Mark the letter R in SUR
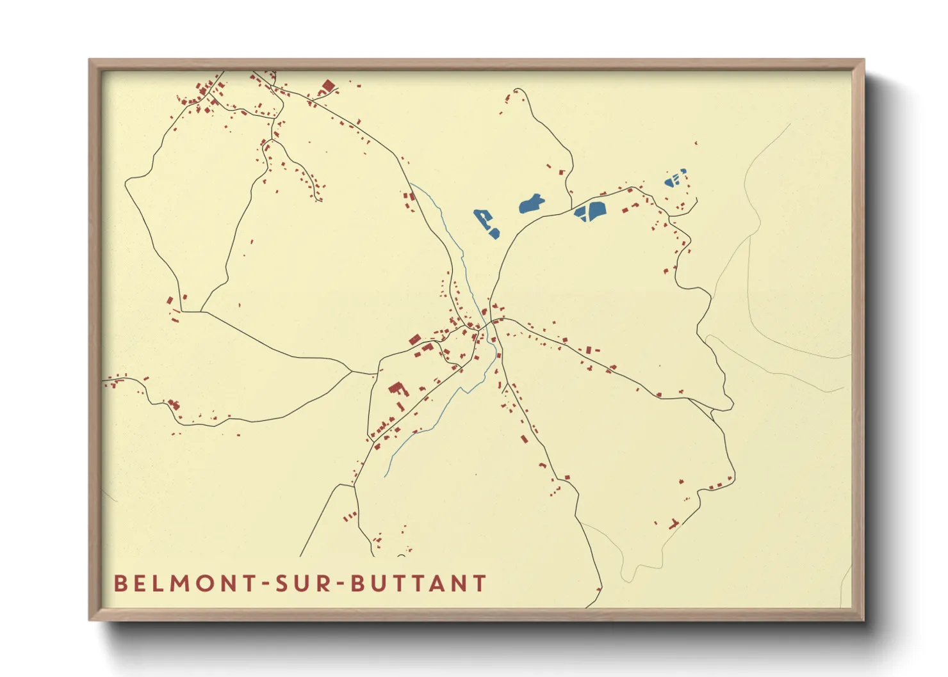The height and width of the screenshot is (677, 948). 324,584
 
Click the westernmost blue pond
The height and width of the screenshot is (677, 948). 487,223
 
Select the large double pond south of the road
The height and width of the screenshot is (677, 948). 590,211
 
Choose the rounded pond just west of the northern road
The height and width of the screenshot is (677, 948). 532,203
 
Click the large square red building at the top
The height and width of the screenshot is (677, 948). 328,86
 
